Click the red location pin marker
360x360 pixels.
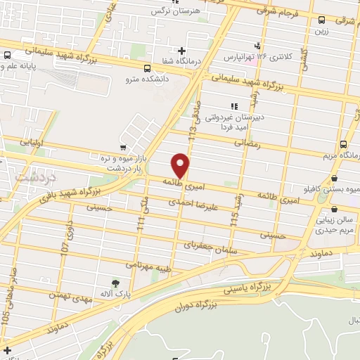pyautogui.click(x=181, y=166)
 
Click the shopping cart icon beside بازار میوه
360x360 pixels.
pyautogui.click(x=124, y=148)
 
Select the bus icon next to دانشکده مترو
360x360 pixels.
pyautogui.click(x=147, y=69)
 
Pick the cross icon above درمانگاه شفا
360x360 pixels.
pyautogui.click(x=182, y=51)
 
